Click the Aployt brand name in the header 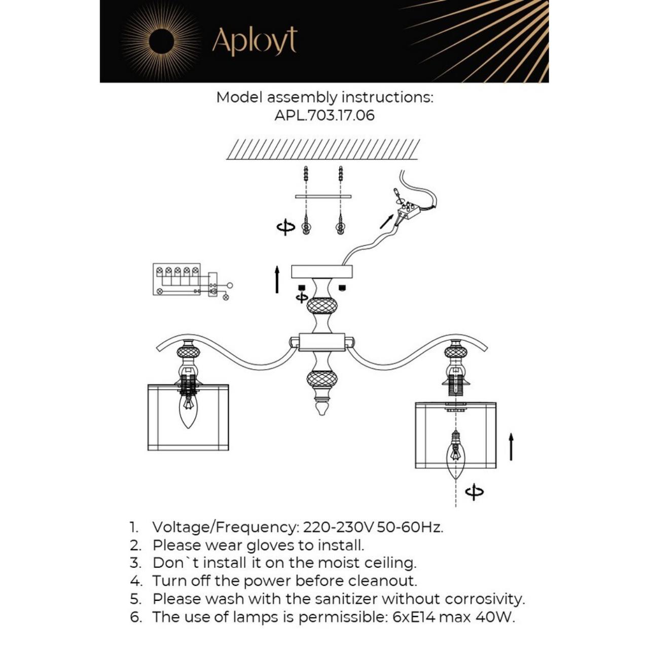click(x=254, y=41)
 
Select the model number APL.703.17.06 click(x=324, y=115)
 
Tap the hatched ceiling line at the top click(x=322, y=149)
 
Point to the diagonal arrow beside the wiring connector click(x=386, y=221)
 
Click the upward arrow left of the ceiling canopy click(x=277, y=279)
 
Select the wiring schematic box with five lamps click(x=177, y=279)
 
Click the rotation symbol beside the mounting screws click(x=285, y=227)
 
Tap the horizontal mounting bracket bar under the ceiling click(x=323, y=196)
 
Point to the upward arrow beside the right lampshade click(x=511, y=447)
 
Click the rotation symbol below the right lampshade click(x=474, y=492)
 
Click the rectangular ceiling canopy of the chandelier click(x=322, y=271)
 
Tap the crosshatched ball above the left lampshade click(x=188, y=351)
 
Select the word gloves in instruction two click(x=271, y=545)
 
